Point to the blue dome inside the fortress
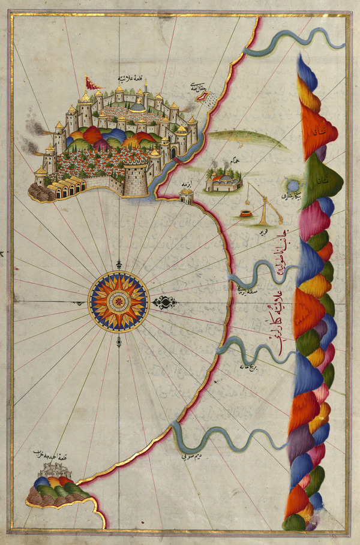click(137, 107)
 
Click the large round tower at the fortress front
click(135, 177)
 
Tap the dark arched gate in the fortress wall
click(173, 152)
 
